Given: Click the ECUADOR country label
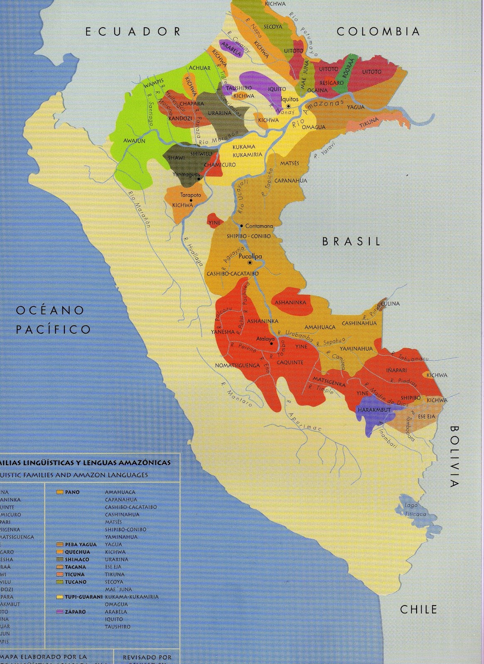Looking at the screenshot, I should point(133,32).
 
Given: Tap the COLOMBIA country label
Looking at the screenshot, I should point(378,32).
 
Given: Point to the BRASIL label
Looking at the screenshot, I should point(351,242).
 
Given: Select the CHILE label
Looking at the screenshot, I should point(418,609).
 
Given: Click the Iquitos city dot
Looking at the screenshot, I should point(288,106).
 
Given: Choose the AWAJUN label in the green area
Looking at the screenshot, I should point(134,141).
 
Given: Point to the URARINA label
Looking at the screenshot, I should point(220,113).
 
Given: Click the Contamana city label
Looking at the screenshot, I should point(259,226).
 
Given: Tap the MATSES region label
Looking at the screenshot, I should point(290,164).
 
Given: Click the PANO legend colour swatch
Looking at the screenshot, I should point(60,492).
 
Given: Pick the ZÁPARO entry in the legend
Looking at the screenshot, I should point(75,612).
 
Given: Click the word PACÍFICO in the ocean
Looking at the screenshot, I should point(53,330).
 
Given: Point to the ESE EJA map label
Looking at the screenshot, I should point(426,416).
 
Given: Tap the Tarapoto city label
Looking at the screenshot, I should point(190,195).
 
